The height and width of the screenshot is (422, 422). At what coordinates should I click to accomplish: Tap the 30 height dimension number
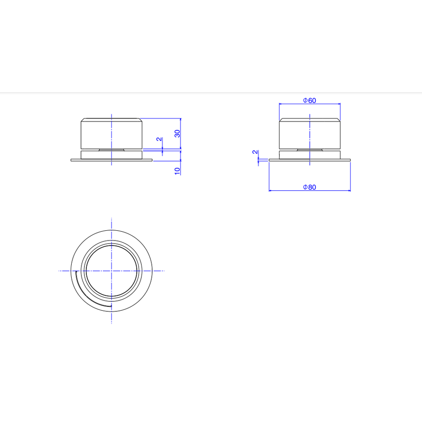(178, 133)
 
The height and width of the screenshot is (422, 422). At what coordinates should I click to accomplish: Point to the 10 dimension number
(178, 170)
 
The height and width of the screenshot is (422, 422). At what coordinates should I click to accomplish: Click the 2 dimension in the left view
(159, 139)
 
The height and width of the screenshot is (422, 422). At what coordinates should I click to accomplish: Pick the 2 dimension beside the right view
(255, 152)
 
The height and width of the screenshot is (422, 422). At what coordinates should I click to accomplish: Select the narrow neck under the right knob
(309, 149)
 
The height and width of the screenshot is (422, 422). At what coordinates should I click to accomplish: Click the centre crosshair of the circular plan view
(112, 271)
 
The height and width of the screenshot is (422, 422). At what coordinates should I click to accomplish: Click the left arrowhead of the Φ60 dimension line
(280, 104)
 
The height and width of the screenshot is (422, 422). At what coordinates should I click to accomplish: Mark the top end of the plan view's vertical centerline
(112, 219)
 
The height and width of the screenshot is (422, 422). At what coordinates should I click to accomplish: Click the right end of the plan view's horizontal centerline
(164, 271)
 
